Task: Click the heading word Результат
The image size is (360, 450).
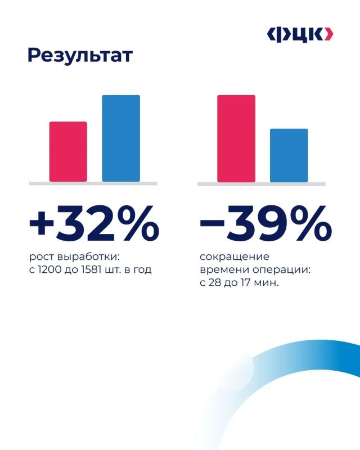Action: click(x=80, y=55)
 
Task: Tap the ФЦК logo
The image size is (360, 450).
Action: click(x=300, y=35)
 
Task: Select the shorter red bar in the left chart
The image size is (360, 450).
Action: click(x=68, y=151)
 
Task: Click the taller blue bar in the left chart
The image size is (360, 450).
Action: click(x=121, y=138)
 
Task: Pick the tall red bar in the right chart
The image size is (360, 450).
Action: click(x=236, y=138)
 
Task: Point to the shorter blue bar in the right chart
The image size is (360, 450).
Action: click(x=289, y=156)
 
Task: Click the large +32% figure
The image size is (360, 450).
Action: click(x=94, y=223)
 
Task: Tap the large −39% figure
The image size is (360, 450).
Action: click(x=265, y=223)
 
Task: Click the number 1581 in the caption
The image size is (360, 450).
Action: click(x=92, y=270)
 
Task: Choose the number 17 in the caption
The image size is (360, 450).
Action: click(x=245, y=283)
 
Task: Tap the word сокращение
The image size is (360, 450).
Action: click(x=235, y=257)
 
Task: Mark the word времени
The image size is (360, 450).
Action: click(x=225, y=270)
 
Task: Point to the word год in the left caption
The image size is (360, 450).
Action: click(x=142, y=271)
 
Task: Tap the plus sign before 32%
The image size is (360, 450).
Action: click(x=42, y=223)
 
